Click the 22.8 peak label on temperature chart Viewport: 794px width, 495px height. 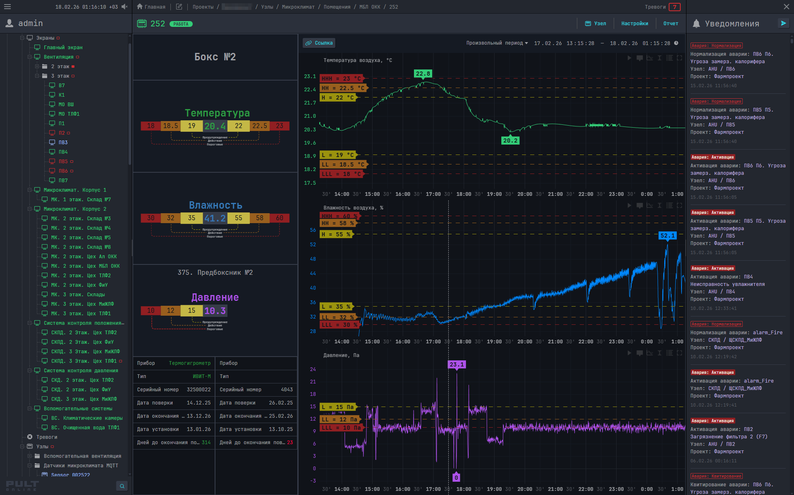(x=423, y=74)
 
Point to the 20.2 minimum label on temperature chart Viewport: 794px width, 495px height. (x=510, y=140)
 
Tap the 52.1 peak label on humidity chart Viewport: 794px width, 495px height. (x=667, y=236)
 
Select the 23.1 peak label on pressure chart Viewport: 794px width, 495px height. (x=457, y=364)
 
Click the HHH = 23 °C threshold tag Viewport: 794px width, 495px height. (x=341, y=79)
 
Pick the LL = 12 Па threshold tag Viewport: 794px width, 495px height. (x=339, y=419)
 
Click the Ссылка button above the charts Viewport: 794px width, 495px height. (x=319, y=43)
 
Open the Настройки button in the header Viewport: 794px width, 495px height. (x=634, y=24)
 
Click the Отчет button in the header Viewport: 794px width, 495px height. (x=670, y=24)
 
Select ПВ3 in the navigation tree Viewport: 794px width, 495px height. (x=63, y=143)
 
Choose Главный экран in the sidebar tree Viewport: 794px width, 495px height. (x=63, y=48)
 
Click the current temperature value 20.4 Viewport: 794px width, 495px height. (x=215, y=126)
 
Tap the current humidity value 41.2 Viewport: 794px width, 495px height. (x=215, y=218)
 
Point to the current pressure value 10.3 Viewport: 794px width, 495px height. (x=215, y=311)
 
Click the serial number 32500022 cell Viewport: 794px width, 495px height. (x=198, y=390)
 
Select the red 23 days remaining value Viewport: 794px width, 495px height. (x=290, y=443)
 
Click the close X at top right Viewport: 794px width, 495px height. (x=786, y=7)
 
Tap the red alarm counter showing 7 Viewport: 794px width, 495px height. (x=674, y=7)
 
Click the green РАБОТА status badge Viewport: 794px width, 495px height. (x=181, y=24)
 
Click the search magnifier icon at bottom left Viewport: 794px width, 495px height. (x=122, y=486)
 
